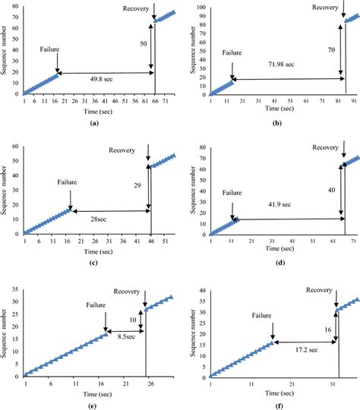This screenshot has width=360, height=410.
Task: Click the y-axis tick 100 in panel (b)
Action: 201,6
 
